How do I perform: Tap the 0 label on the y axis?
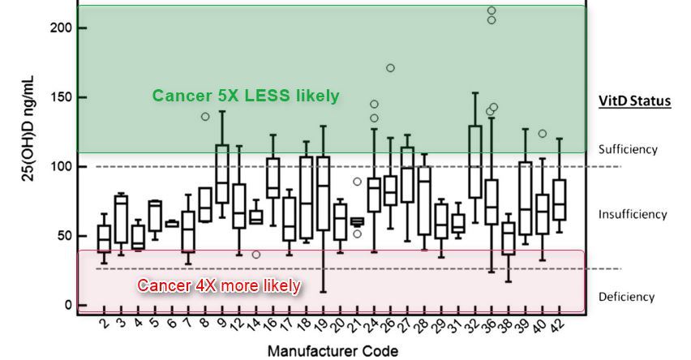(x=70, y=306)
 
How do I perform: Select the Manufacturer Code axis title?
(x=334, y=351)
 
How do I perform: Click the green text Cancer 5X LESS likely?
(x=246, y=96)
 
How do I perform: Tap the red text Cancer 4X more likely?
(x=219, y=285)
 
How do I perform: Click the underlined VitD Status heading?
(x=633, y=101)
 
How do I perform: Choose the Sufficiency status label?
(x=628, y=149)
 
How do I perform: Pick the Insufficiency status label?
(x=632, y=214)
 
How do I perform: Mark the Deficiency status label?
(x=626, y=297)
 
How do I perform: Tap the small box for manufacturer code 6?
(x=172, y=223)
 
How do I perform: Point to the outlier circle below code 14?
(x=256, y=255)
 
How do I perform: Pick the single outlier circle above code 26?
(x=390, y=68)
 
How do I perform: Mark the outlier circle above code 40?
(x=542, y=134)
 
